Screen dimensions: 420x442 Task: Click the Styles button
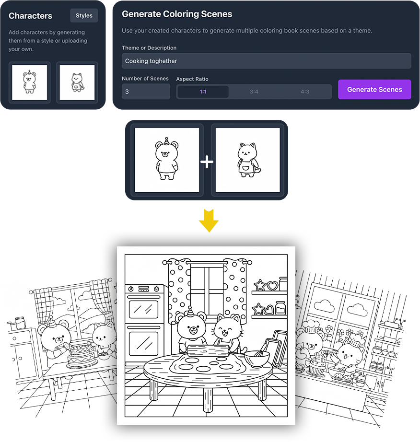coord(84,15)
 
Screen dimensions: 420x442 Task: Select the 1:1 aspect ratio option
coord(203,92)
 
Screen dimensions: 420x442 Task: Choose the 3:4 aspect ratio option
coord(254,92)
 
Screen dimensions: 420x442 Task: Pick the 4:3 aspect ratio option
coord(305,92)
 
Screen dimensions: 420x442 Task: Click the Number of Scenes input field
coord(146,92)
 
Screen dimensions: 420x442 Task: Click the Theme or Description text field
coord(267,61)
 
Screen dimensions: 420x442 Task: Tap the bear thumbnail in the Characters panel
coord(30,82)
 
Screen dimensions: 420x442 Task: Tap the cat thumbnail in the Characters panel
coord(77,82)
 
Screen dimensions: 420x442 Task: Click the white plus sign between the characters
coord(207,162)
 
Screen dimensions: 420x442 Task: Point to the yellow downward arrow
coord(209,221)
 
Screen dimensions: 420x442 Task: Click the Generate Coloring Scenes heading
coord(177,14)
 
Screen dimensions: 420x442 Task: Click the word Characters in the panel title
coord(30,16)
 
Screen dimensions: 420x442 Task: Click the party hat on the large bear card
coord(166,140)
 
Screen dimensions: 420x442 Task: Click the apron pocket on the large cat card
coord(246,169)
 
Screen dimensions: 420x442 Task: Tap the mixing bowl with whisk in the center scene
coord(257,358)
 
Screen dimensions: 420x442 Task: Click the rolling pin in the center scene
coord(208,350)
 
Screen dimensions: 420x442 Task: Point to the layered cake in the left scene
coord(81,357)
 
